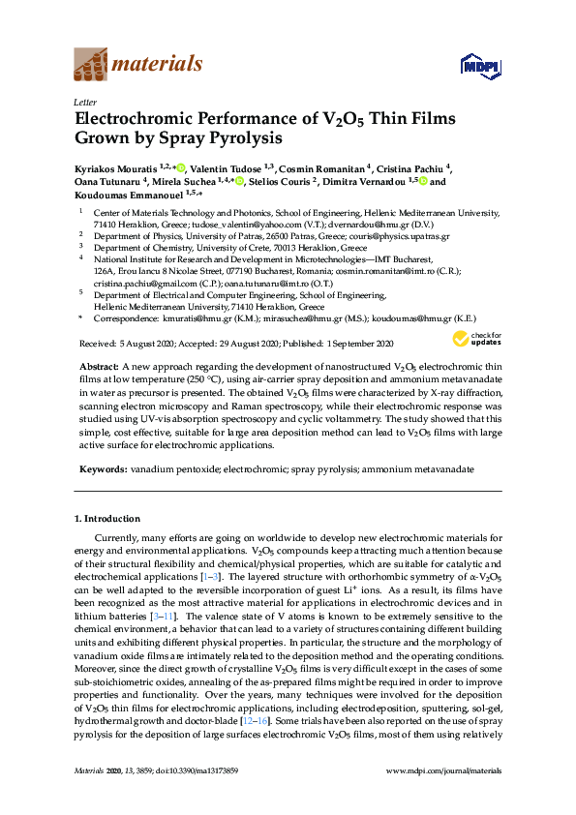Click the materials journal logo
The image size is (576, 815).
138,65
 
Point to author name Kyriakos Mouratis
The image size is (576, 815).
115,167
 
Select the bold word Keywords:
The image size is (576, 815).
101,468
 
